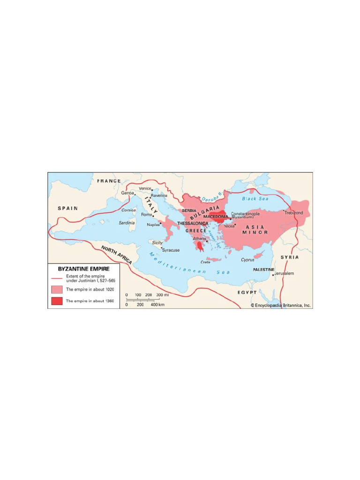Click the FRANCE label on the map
click(109, 181)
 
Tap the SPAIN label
click(68, 208)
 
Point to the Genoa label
click(127, 193)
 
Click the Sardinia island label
click(127, 223)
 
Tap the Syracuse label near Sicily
click(171, 250)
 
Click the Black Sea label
click(255, 199)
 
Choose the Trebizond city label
click(293, 213)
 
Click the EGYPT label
click(247, 292)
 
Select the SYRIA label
click(289, 257)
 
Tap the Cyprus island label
click(247, 259)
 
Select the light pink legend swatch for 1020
click(57, 290)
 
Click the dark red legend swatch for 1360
click(57, 301)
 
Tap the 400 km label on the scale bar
click(157, 305)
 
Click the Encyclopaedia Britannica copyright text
click(281, 305)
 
